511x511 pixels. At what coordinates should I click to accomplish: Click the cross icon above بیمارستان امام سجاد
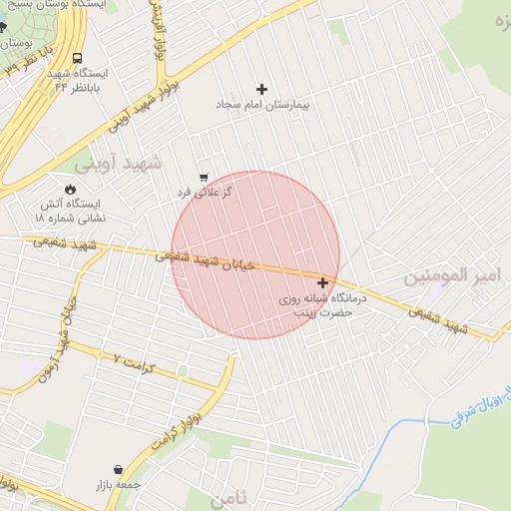[x=262, y=90]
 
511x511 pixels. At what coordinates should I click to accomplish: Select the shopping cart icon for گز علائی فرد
[x=204, y=177]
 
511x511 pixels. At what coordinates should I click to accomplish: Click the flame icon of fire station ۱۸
[x=70, y=188]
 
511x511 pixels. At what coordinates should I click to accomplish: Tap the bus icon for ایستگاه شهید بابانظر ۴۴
[x=78, y=57]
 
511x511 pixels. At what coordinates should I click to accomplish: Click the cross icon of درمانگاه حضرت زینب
[x=322, y=283]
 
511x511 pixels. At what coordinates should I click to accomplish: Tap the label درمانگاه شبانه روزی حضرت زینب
[x=322, y=305]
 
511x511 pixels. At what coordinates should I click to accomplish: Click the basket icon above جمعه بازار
[x=118, y=469]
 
